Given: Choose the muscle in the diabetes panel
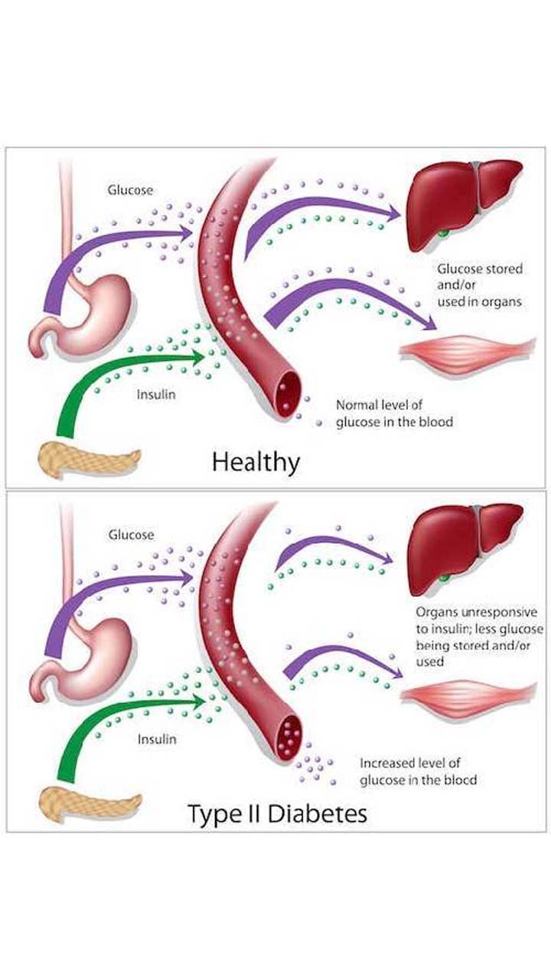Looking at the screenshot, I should pyautogui.click(x=468, y=694).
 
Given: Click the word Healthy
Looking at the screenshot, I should pyautogui.click(x=256, y=462).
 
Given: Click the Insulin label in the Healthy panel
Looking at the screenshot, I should pyautogui.click(x=156, y=395).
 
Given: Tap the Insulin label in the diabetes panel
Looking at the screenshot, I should pyautogui.click(x=156, y=740).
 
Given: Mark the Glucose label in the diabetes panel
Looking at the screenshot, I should pyautogui.click(x=130, y=535).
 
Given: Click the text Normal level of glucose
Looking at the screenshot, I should pyautogui.click(x=394, y=413).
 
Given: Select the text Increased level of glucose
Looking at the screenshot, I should pyautogui.click(x=418, y=771).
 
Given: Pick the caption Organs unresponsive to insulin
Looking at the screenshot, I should pyautogui.click(x=479, y=636).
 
